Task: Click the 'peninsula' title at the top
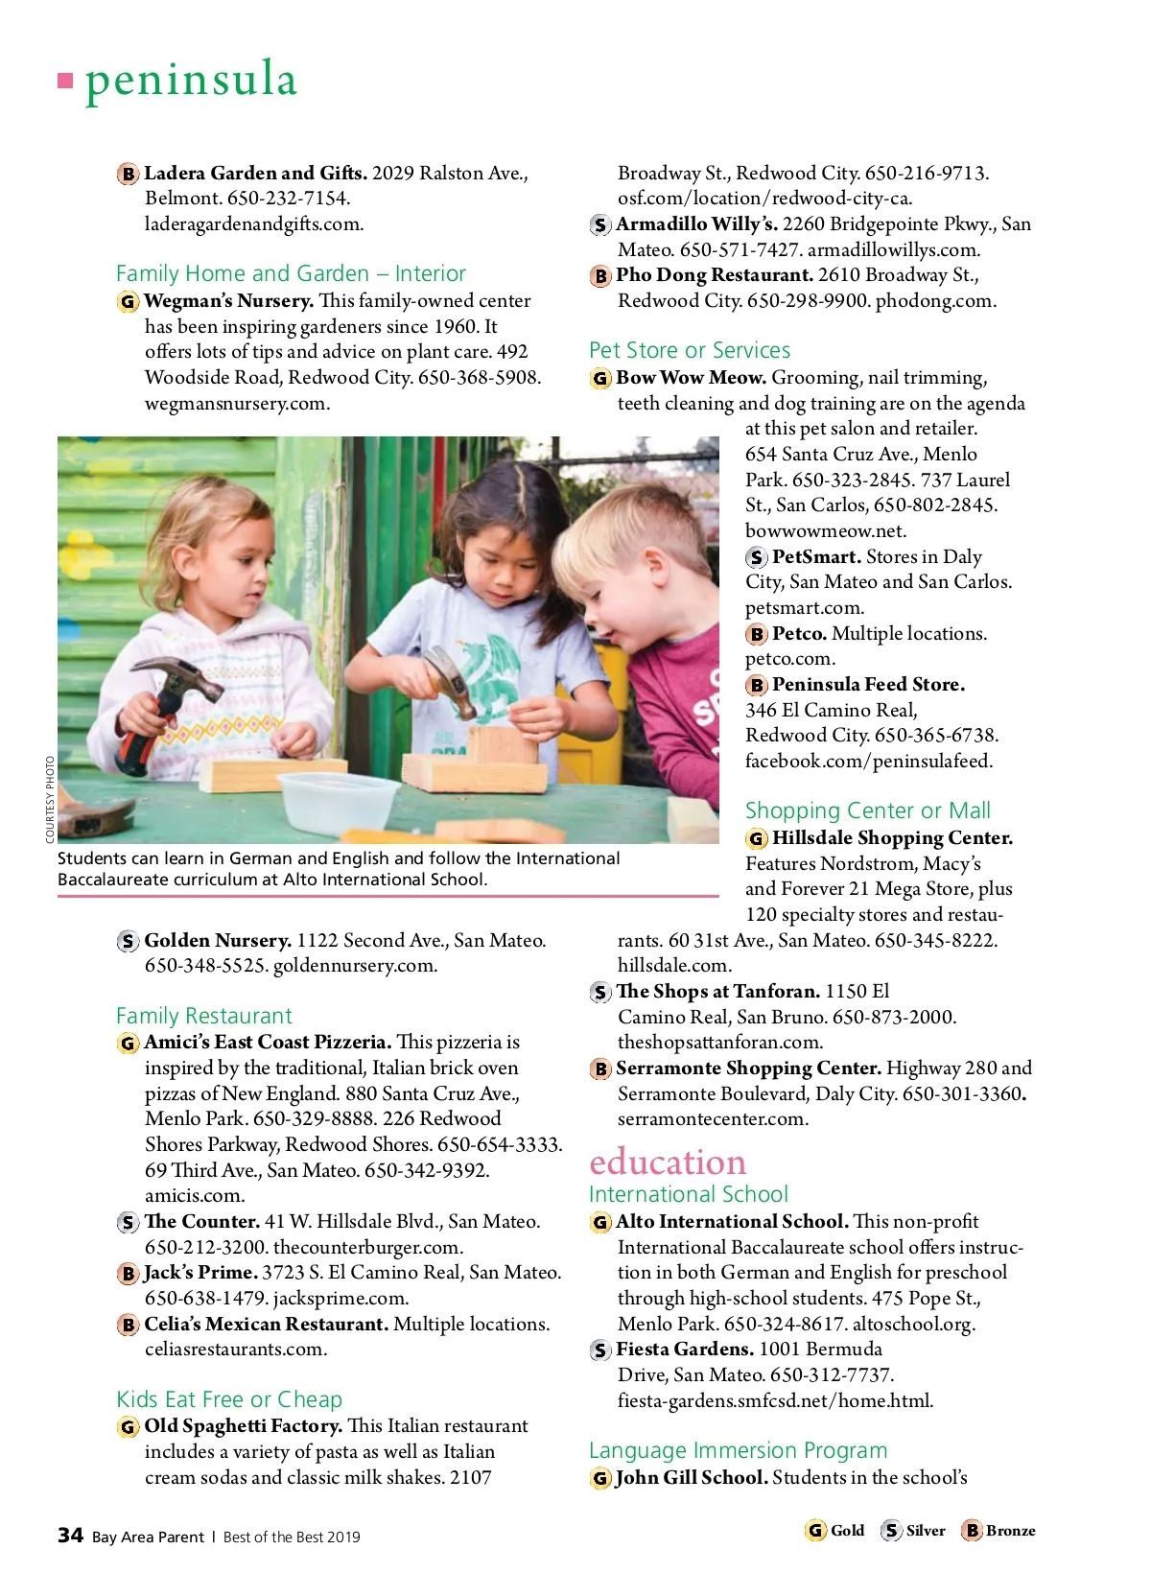pos(191,79)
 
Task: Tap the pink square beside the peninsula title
pos(65,81)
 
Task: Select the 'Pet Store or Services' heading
pos(689,350)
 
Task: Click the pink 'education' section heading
pos(668,1162)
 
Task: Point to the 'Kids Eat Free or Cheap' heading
pos(229,1399)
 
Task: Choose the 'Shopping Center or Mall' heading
pos(867,810)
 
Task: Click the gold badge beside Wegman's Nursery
pos(128,302)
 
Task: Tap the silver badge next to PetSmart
pos(757,557)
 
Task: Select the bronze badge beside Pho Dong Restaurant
pos(600,276)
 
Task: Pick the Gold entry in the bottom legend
pos(835,1531)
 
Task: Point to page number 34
pos(70,1536)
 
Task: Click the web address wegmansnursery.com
pos(237,403)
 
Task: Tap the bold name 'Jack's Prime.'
pos(200,1273)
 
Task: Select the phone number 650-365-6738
pos(936,736)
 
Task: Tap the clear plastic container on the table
pos(338,798)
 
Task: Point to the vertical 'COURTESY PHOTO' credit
pos(50,800)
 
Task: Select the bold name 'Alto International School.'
pos(732,1222)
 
